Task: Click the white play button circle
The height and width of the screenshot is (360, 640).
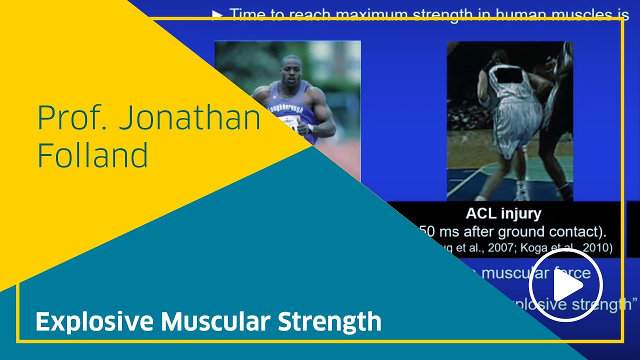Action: pyautogui.click(x=566, y=285)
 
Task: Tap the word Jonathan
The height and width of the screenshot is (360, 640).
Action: pyautogui.click(x=190, y=118)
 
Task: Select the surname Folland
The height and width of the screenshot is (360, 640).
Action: pyautogui.click(x=92, y=155)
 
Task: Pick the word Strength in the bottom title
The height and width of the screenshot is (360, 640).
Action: pyautogui.click(x=329, y=321)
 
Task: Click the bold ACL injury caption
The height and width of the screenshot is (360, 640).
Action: pyautogui.click(x=503, y=214)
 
